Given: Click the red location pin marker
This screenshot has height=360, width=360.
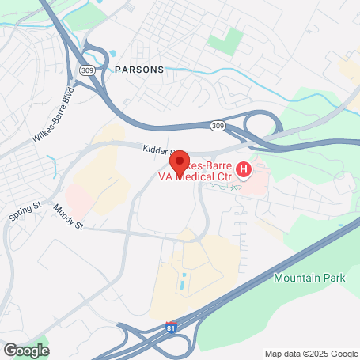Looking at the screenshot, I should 179,161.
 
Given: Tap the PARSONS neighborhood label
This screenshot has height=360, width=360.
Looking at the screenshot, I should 139,70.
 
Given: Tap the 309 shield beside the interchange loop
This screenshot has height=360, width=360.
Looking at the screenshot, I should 217,126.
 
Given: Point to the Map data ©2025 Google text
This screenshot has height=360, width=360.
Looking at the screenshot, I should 310,354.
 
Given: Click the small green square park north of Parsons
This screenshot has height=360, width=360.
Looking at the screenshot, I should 233,41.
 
